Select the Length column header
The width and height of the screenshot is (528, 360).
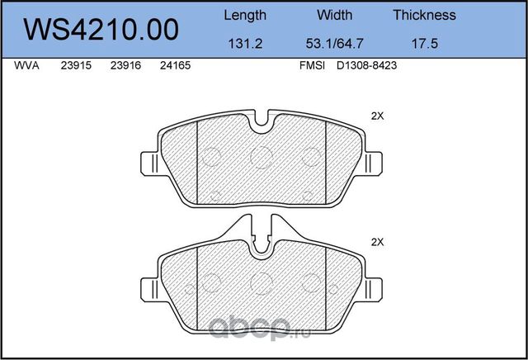245,15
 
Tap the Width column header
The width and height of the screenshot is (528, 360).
334,15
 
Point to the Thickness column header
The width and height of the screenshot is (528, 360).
424,15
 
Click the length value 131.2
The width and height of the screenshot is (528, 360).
245,46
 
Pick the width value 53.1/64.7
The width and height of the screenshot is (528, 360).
334,46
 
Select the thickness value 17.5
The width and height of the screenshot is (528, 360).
424,46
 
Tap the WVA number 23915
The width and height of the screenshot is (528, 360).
76,69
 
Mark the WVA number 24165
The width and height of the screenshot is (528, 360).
174,69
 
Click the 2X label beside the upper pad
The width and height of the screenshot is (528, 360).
378,116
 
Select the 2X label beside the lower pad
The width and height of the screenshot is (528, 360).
378,242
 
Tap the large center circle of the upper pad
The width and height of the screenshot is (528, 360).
262,156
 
